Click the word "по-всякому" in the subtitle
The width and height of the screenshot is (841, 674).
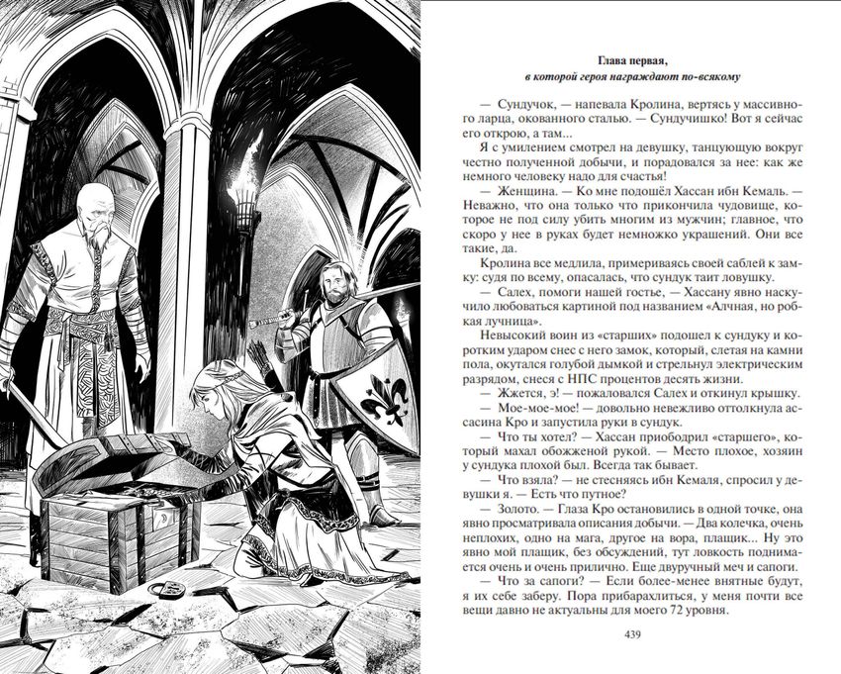pyautogui.click(x=708, y=75)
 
